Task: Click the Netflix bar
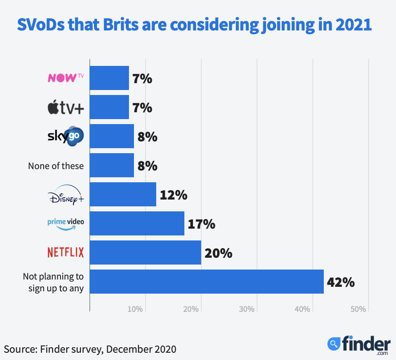click(145, 252)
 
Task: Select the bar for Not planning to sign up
click(207, 281)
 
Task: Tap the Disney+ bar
click(123, 194)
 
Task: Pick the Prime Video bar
click(137, 223)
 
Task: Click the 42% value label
click(341, 282)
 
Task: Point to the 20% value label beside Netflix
click(218, 253)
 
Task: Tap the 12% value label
click(173, 195)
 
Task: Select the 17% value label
click(202, 224)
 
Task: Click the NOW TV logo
click(66, 78)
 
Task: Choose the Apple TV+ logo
click(66, 108)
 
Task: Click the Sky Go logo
click(66, 136)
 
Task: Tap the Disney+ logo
click(66, 195)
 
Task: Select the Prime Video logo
click(66, 223)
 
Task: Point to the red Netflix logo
click(66, 252)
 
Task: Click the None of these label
click(56, 166)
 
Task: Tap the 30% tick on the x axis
click(247, 309)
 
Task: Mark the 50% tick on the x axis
click(358, 309)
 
